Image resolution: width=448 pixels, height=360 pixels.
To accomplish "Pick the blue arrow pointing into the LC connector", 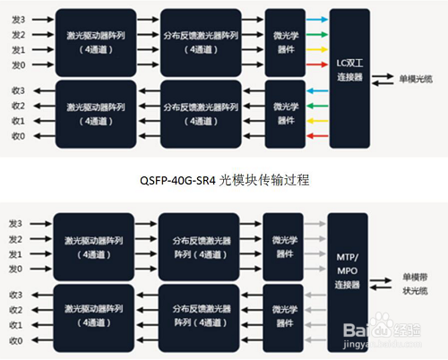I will coord(316,18).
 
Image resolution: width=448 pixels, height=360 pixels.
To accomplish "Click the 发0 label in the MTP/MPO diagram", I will coord(16,269).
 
